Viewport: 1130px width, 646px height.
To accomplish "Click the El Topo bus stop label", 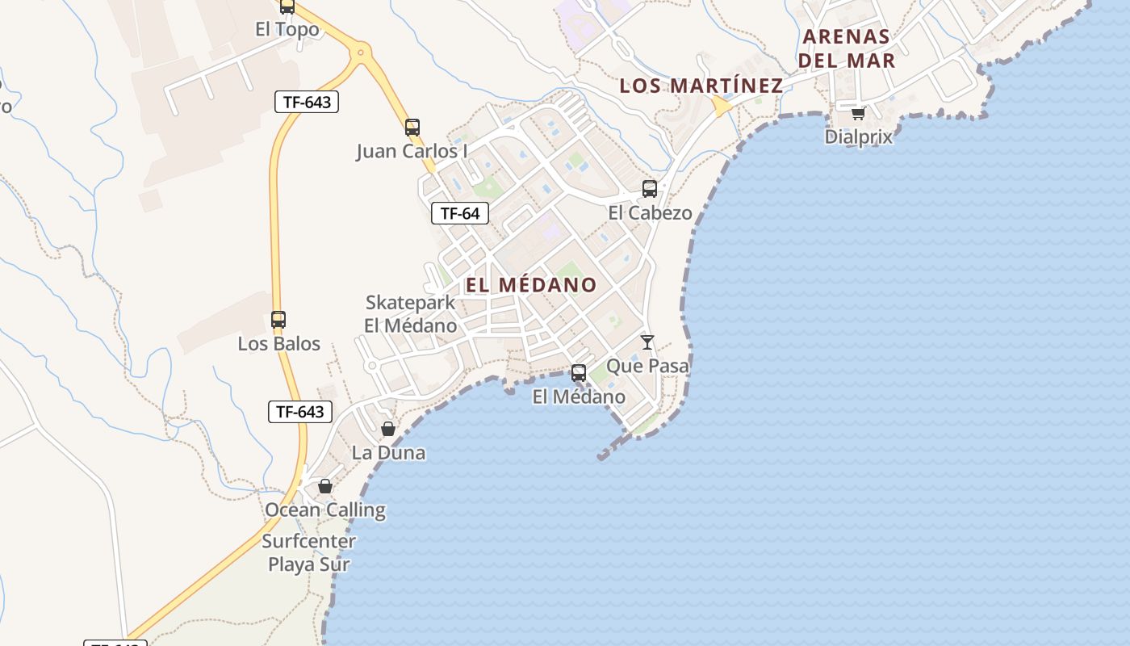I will [x=287, y=30].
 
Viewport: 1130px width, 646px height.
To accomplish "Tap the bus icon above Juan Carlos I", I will [x=412, y=128].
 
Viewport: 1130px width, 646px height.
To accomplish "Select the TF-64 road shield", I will [x=460, y=213].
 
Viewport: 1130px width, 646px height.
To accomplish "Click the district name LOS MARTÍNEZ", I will [x=701, y=86].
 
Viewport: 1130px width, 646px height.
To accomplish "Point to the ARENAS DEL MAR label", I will [x=846, y=48].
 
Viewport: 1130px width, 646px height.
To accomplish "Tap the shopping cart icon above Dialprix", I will [x=858, y=113].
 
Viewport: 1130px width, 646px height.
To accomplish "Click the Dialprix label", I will [x=859, y=136].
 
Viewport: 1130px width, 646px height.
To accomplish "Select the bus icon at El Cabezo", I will [x=650, y=189].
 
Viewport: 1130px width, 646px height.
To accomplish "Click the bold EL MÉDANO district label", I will [x=531, y=285].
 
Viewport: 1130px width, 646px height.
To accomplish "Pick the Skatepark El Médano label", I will [x=411, y=314].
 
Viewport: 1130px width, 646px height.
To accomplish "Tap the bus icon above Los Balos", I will [x=278, y=320].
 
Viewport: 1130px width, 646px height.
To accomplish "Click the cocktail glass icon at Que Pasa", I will [x=647, y=342].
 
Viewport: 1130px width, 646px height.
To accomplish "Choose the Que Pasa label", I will [x=647, y=366].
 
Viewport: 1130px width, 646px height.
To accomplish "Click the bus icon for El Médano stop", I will [x=579, y=373].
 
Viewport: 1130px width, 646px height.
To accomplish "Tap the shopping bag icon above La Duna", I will [x=388, y=429].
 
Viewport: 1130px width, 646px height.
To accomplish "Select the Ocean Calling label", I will [x=325, y=510].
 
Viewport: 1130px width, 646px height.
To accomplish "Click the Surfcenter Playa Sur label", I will [x=309, y=552].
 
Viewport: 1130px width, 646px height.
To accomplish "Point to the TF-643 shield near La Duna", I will [x=300, y=412].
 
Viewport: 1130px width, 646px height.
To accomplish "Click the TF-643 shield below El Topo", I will [x=306, y=102].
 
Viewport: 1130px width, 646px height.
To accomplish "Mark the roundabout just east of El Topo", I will [x=360, y=54].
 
